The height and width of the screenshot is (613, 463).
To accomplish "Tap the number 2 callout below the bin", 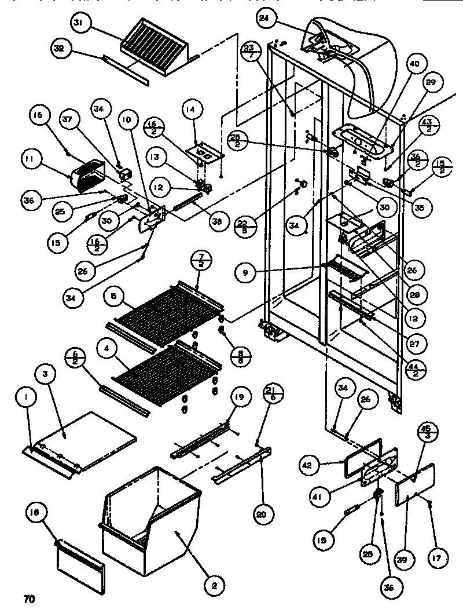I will (x=214, y=586).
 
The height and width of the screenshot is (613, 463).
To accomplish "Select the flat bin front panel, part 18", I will (x=81, y=561).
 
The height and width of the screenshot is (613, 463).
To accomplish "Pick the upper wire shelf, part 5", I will (x=168, y=310).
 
